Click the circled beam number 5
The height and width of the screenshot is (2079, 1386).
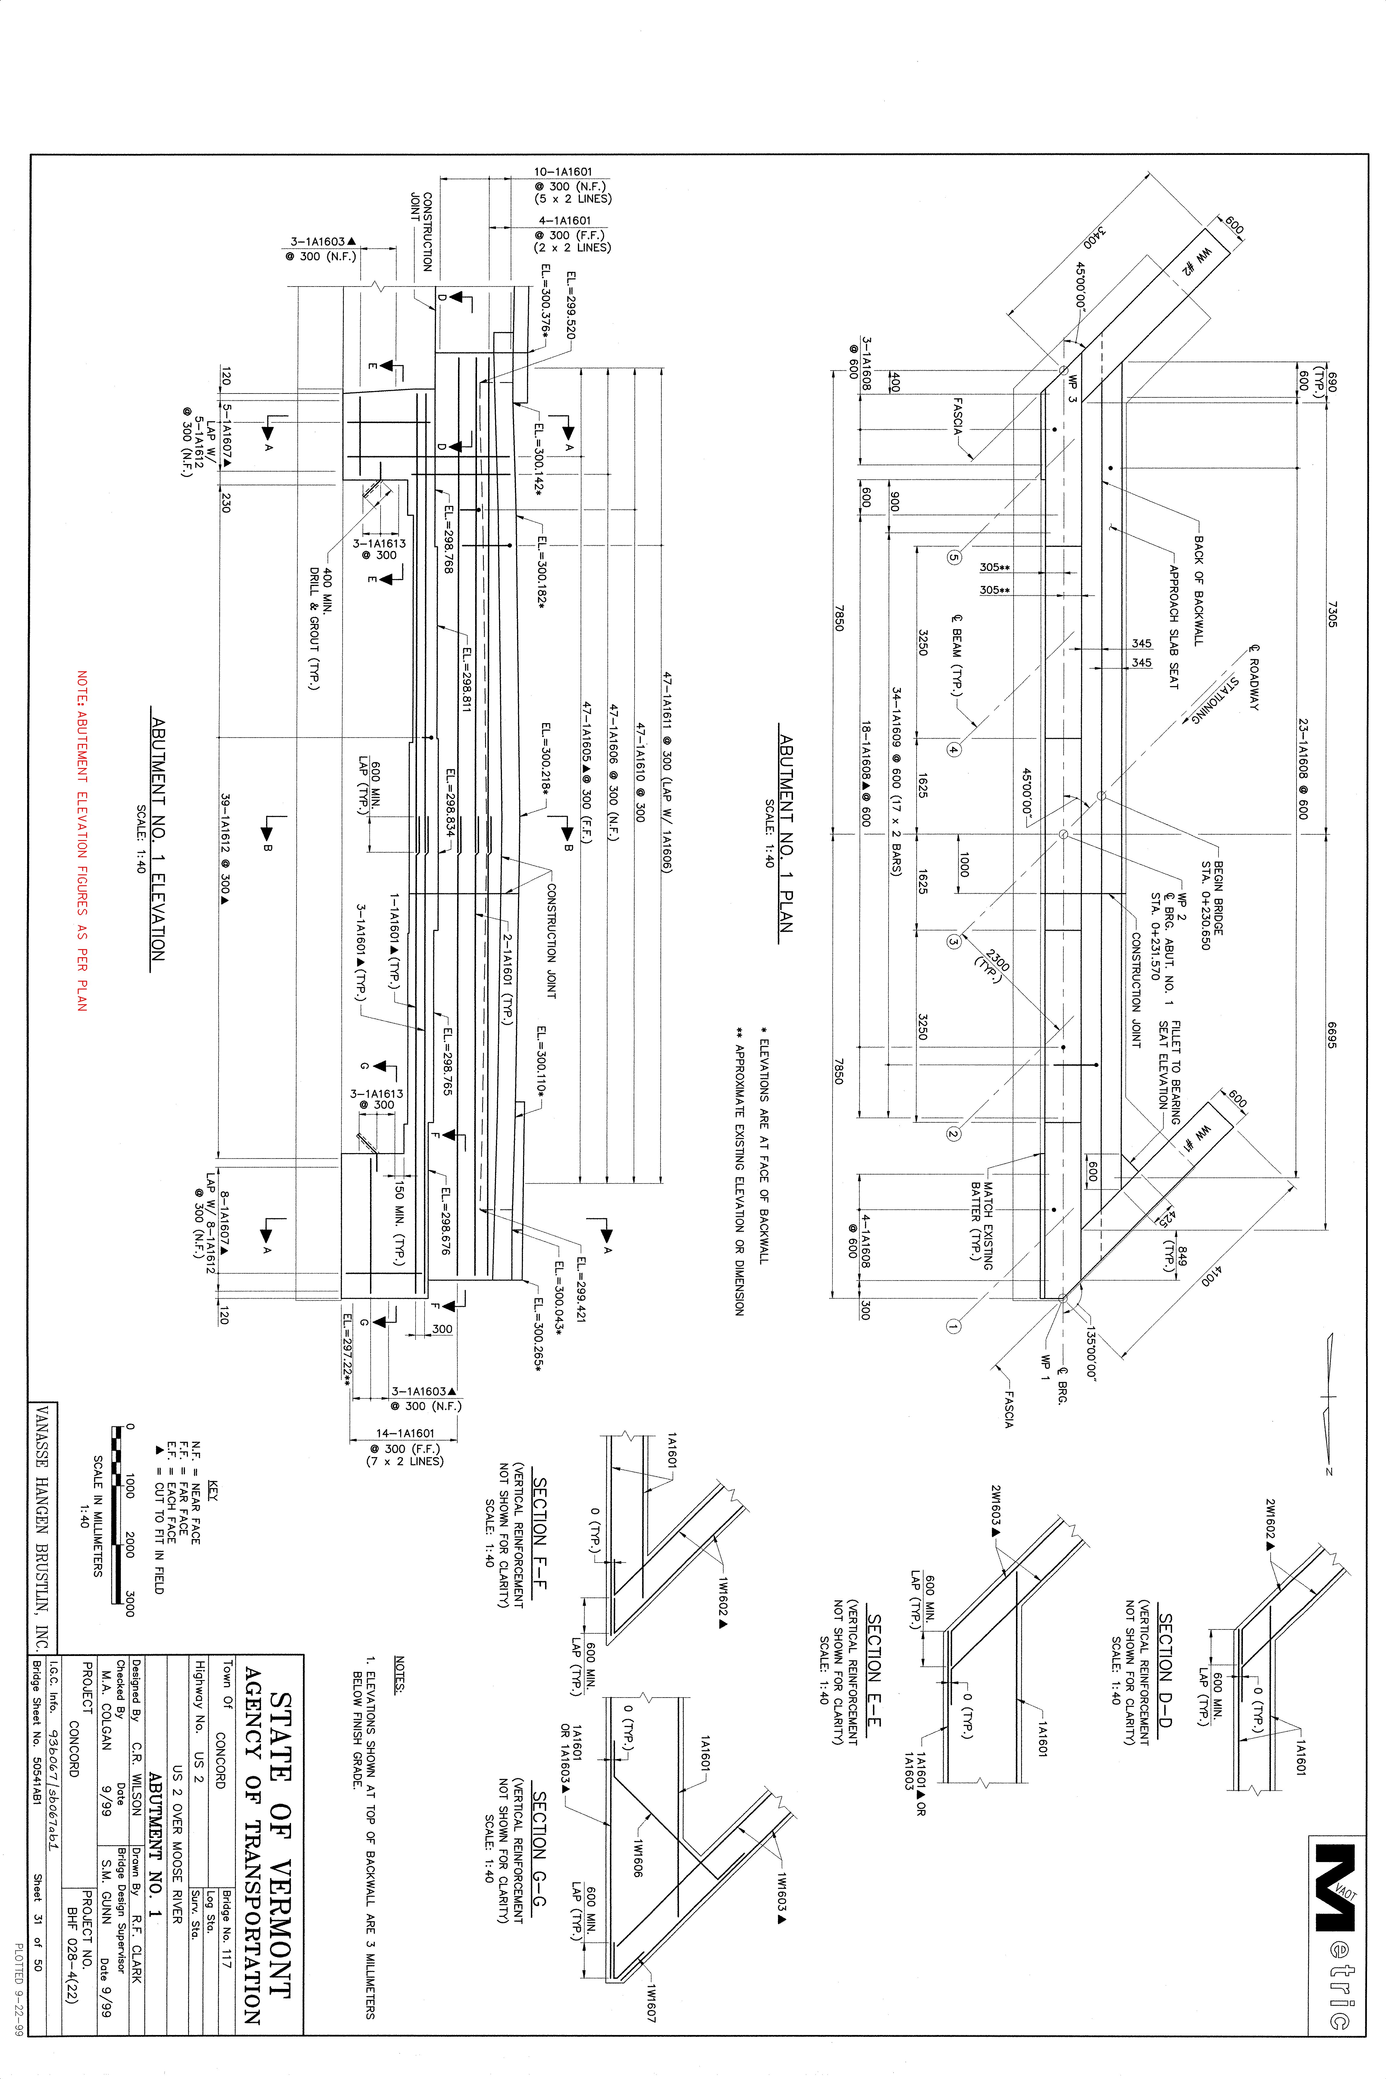[x=954, y=558]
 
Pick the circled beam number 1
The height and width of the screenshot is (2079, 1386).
[x=954, y=1326]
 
